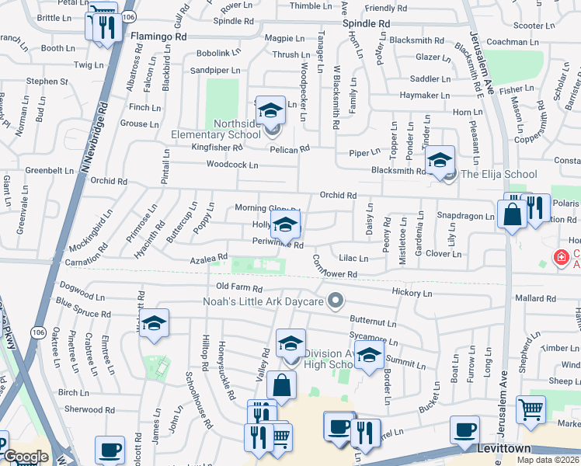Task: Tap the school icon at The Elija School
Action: click(440, 161)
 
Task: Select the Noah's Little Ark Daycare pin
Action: click(336, 300)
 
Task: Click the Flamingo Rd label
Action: click(158, 37)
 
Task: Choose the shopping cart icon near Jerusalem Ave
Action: click(531, 409)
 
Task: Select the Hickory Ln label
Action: click(412, 294)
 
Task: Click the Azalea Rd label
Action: click(209, 257)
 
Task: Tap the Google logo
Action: click(26, 457)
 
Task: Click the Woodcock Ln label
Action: click(231, 165)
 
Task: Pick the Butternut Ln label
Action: click(373, 321)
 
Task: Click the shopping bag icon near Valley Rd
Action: click(281, 384)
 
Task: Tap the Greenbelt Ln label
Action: click(49, 170)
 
